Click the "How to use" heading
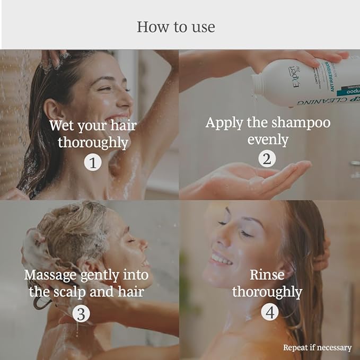click(x=176, y=27)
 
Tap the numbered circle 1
click(x=93, y=162)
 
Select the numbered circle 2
click(x=267, y=159)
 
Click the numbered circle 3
click(x=81, y=313)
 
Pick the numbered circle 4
click(x=269, y=312)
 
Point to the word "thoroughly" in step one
click(x=93, y=143)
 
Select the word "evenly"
click(x=267, y=139)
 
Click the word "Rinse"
click(x=267, y=274)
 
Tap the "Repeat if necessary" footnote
click(x=317, y=348)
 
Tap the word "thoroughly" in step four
click(x=267, y=292)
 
